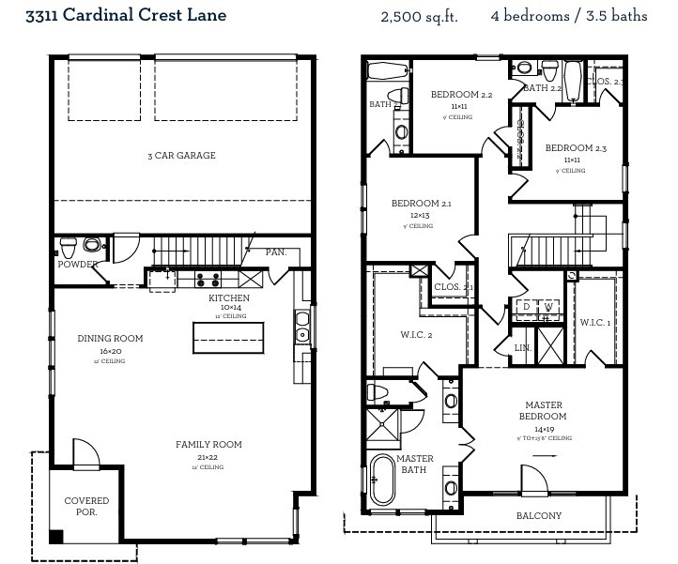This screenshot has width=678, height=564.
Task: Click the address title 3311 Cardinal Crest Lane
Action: pos(126,16)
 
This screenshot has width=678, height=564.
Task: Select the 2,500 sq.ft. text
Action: pos(419,17)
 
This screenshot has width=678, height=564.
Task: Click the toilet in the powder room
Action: pos(69,248)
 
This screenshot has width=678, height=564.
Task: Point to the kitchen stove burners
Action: pos(208,279)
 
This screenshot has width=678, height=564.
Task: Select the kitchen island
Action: pos(228,336)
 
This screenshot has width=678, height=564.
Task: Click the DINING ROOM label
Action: pos(110,339)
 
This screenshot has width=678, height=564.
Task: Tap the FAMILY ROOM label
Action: pos(208,445)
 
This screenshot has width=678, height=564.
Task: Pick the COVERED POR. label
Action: pos(86,507)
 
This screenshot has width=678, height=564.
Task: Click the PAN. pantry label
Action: pos(275,252)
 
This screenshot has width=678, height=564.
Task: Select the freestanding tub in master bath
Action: pos(382,480)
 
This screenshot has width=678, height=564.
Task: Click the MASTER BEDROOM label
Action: pos(544,411)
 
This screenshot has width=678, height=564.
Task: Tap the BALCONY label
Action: pos(539,516)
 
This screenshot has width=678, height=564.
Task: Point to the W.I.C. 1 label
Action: pos(595,323)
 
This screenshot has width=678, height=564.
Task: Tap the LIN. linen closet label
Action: pos(523,347)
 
